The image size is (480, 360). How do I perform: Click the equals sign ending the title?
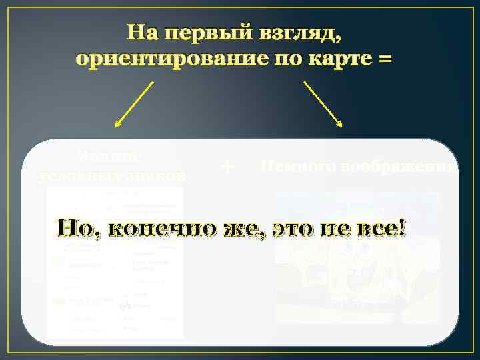coord(385,60)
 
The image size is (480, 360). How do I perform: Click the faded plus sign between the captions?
coord(228,167)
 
